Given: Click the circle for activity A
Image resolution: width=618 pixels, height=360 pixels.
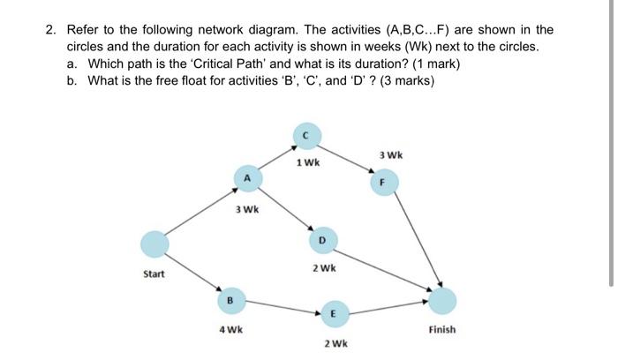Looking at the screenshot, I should (247, 179).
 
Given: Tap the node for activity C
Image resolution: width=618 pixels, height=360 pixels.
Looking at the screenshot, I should (305, 136).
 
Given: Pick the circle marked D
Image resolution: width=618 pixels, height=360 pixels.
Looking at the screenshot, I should (322, 239).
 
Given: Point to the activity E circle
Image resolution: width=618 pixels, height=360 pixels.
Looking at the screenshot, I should (333, 313).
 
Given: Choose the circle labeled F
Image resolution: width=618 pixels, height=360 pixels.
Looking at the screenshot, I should (382, 184).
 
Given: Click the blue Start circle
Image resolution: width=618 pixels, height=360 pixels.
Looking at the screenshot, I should (154, 244).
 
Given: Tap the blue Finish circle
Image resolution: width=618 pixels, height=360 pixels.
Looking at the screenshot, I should (443, 301).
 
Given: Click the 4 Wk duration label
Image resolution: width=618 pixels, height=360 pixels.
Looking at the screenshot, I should (232, 329).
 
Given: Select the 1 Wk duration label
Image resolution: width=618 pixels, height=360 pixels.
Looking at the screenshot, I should (308, 162).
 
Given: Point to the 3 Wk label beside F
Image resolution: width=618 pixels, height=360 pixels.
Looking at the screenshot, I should (390, 155).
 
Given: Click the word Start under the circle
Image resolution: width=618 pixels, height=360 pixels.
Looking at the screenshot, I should (154, 274).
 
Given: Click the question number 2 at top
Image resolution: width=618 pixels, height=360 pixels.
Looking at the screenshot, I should (51, 30).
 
